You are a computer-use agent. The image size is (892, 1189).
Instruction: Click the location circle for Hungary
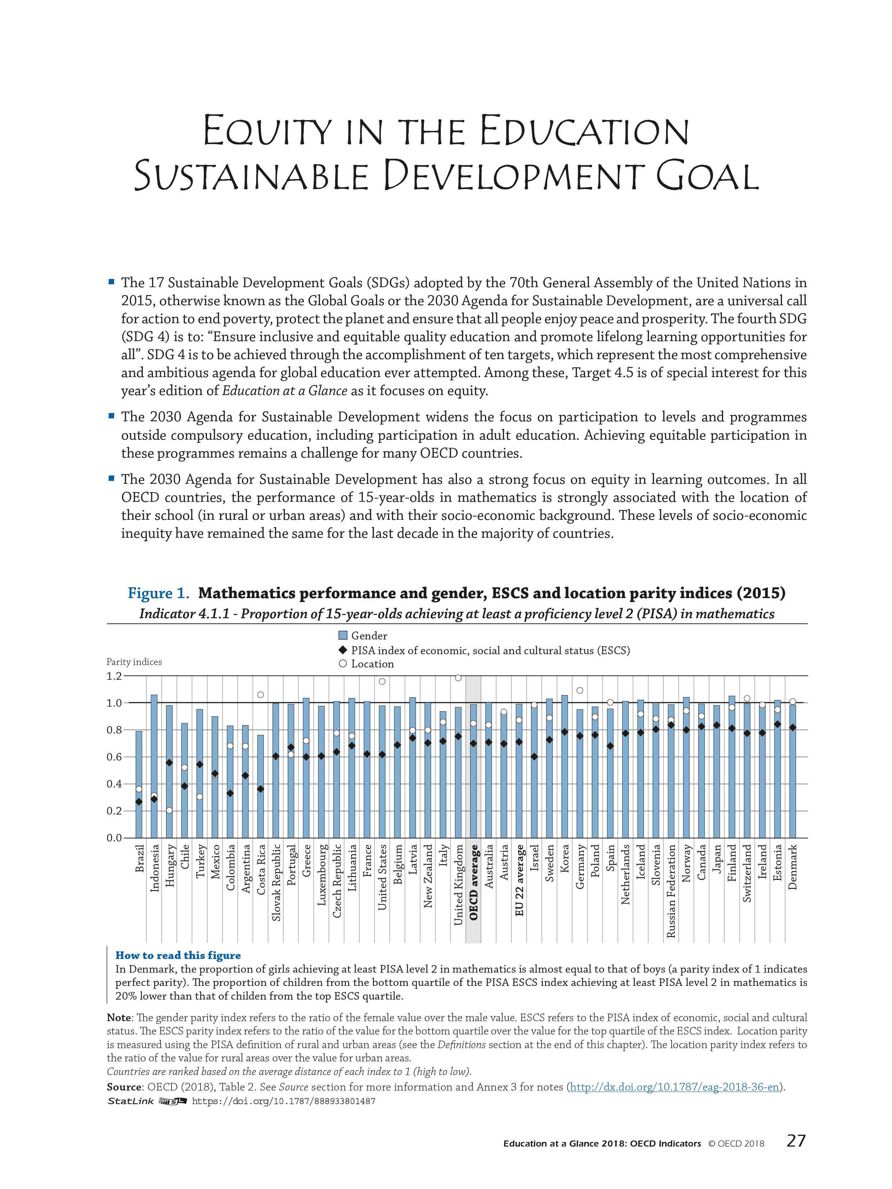click(169, 810)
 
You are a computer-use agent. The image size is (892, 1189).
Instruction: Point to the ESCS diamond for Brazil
click(139, 802)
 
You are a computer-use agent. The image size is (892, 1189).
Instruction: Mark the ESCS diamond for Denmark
click(792, 727)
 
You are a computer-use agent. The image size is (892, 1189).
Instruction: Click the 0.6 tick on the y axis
click(114, 757)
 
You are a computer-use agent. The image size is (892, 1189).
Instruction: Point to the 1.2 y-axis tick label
click(114, 676)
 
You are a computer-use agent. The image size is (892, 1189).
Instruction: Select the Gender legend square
click(343, 636)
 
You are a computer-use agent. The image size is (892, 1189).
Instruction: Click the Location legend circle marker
click(343, 664)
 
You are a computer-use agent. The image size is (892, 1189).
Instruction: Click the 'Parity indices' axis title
click(134, 662)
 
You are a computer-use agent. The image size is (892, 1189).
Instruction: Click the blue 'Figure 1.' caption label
click(159, 593)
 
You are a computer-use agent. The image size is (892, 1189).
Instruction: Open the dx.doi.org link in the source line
click(674, 1087)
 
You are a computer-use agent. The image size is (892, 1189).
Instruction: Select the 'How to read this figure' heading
click(178, 955)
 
